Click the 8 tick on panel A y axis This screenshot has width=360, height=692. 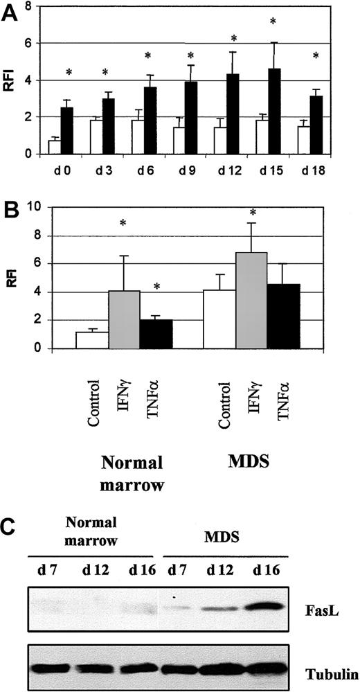click(x=28, y=7)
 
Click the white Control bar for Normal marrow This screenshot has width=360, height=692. click(x=92, y=340)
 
